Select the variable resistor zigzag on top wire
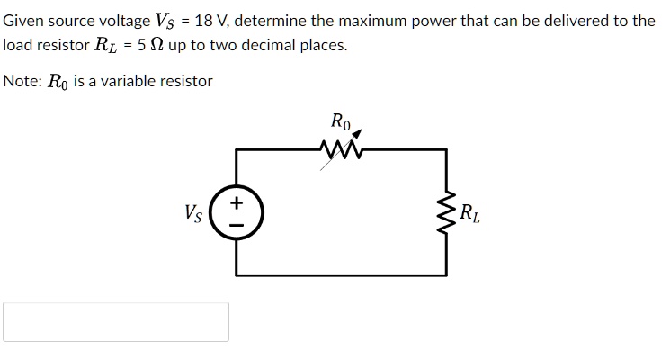pyautogui.click(x=340, y=147)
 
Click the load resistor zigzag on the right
pyautogui.click(x=446, y=213)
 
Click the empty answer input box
pyautogui.click(x=116, y=321)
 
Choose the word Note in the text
pyautogui.click(x=22, y=81)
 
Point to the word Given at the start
pyautogui.click(x=23, y=20)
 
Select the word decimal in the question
pyautogui.click(x=264, y=45)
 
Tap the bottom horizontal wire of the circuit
pyautogui.click(x=342, y=274)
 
